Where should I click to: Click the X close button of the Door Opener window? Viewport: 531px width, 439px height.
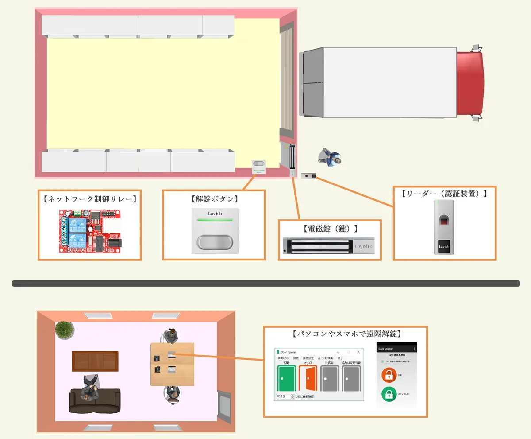358,352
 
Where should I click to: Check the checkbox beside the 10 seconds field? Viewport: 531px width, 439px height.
278,396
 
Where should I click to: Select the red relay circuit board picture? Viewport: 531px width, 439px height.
90,231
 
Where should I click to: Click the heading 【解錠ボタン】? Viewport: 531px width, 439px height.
214,199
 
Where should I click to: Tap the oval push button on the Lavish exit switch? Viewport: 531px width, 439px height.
215,242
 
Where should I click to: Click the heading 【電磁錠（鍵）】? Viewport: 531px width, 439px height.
330,229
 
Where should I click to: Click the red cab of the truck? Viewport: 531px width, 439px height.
470,83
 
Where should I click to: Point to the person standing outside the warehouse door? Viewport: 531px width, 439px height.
330,157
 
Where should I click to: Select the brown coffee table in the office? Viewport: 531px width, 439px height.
95,361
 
